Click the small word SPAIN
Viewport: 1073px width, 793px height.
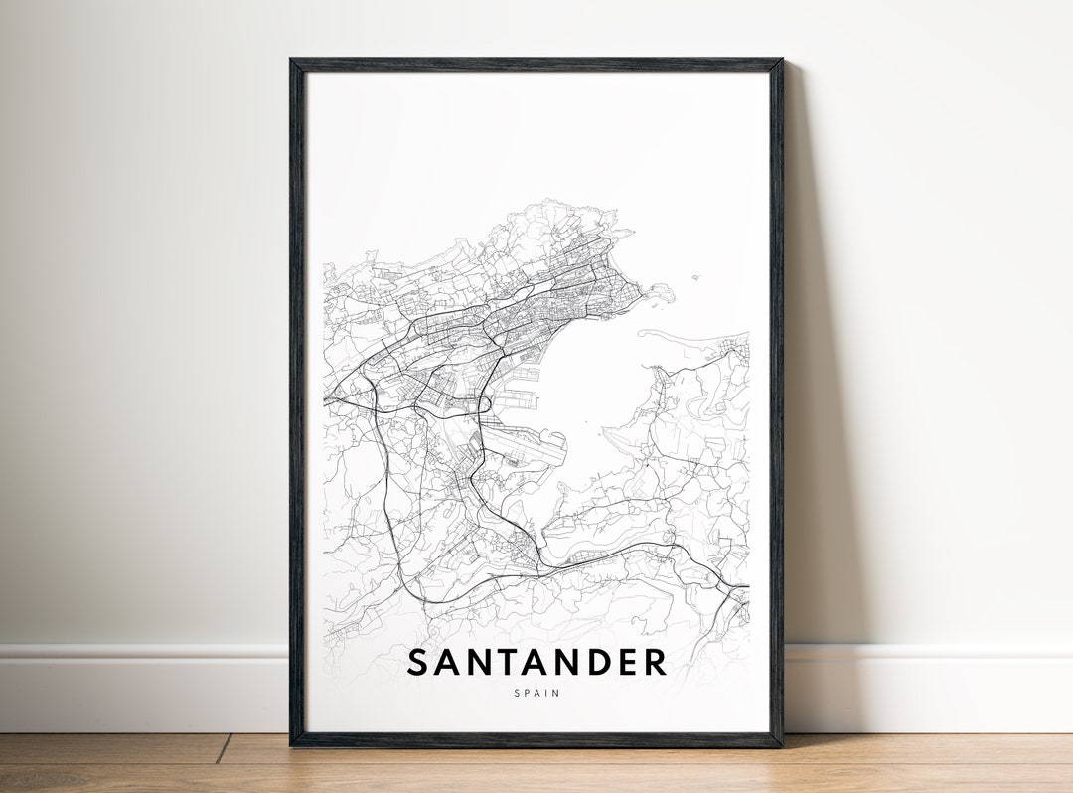click(x=536, y=693)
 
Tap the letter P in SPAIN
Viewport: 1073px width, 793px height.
click(x=527, y=693)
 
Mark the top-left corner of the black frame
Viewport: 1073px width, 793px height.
click(x=291, y=60)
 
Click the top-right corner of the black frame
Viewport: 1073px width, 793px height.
click(x=781, y=60)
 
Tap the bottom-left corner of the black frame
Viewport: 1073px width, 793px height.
click(x=292, y=744)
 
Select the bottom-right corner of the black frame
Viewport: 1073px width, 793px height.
click(x=781, y=744)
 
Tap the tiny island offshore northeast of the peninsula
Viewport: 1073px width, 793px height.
click(x=696, y=277)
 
